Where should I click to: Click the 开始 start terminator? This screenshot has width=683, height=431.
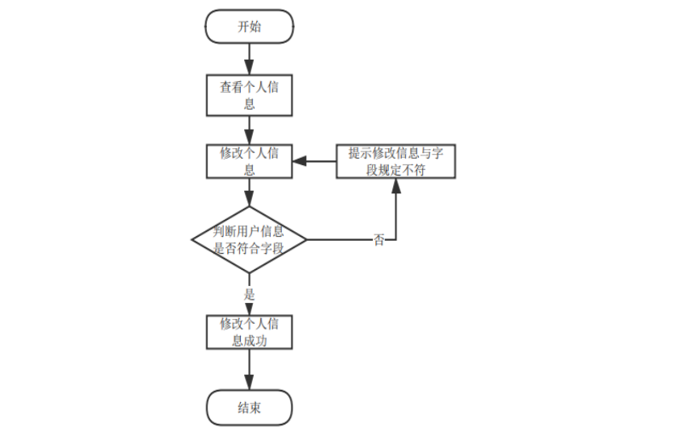[x=249, y=27]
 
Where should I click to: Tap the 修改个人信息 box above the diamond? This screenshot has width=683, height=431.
[x=249, y=161]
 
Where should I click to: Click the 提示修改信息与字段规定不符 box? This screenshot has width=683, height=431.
[x=395, y=161]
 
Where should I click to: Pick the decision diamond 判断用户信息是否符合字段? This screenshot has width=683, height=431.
[x=249, y=239]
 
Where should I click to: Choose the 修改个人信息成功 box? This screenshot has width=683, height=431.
[x=249, y=332]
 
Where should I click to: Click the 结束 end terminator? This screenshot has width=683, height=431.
[x=249, y=408]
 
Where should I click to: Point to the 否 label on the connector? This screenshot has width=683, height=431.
[x=379, y=240]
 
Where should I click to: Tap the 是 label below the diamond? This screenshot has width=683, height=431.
[x=250, y=294]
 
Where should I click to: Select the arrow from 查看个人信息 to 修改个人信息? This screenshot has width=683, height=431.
[x=249, y=129]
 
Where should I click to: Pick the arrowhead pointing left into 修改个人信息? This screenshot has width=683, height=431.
[x=298, y=161]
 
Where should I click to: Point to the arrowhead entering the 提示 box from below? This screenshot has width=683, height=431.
[x=395, y=184]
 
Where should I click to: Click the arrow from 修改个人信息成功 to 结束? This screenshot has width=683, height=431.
[x=249, y=370]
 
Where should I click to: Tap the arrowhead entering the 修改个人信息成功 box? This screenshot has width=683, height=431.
[x=249, y=309]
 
